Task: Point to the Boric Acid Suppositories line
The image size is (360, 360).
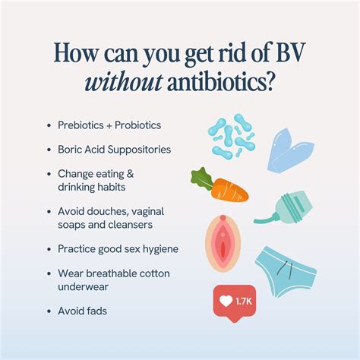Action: pos(115,149)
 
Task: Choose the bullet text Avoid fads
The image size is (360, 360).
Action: pos(82,310)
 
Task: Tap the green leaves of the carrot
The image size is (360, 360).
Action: pos(200,178)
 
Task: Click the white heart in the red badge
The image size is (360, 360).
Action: pos(226,301)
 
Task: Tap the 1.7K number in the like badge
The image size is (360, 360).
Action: pos(243,301)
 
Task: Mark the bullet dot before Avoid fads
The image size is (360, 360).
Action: pos(49,310)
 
